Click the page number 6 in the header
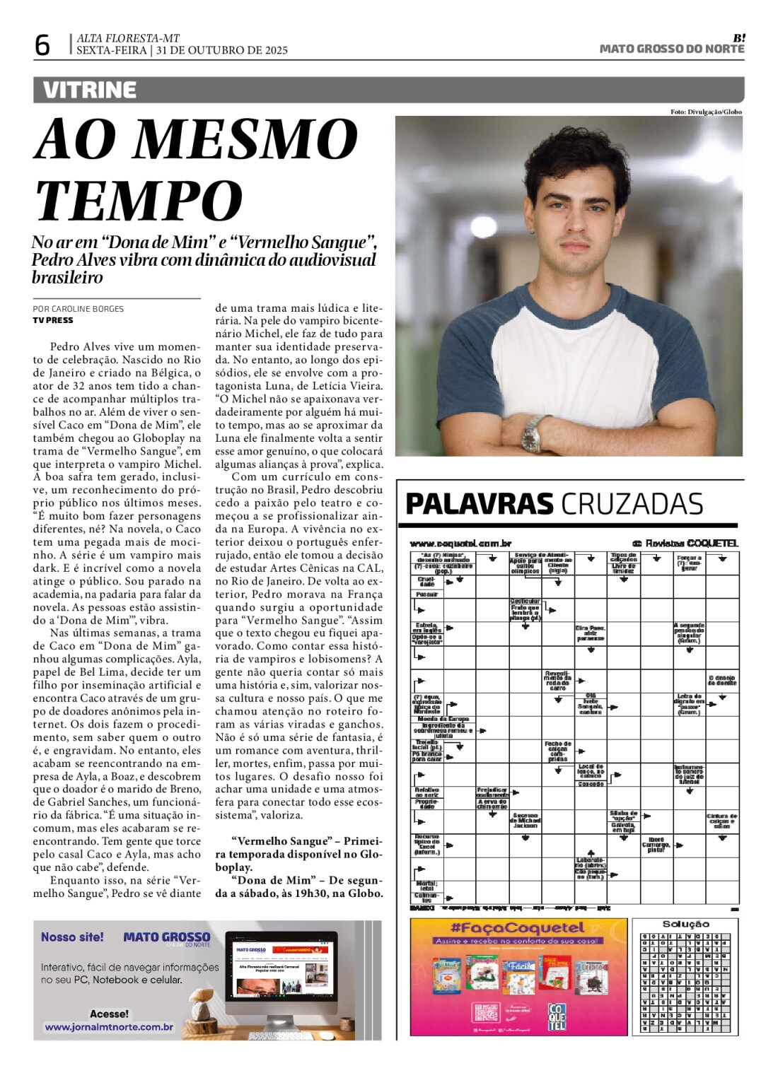(42, 45)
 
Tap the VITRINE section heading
(89, 90)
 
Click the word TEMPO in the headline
(139, 201)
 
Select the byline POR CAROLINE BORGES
(78, 309)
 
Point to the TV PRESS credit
(53, 320)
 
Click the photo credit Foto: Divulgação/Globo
(706, 112)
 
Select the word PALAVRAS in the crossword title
(479, 505)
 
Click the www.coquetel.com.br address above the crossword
(460, 544)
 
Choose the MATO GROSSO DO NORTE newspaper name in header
(671, 49)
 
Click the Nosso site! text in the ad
(72, 937)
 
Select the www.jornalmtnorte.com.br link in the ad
(109, 1027)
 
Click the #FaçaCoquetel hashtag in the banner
(518, 928)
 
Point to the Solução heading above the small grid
(685, 924)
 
